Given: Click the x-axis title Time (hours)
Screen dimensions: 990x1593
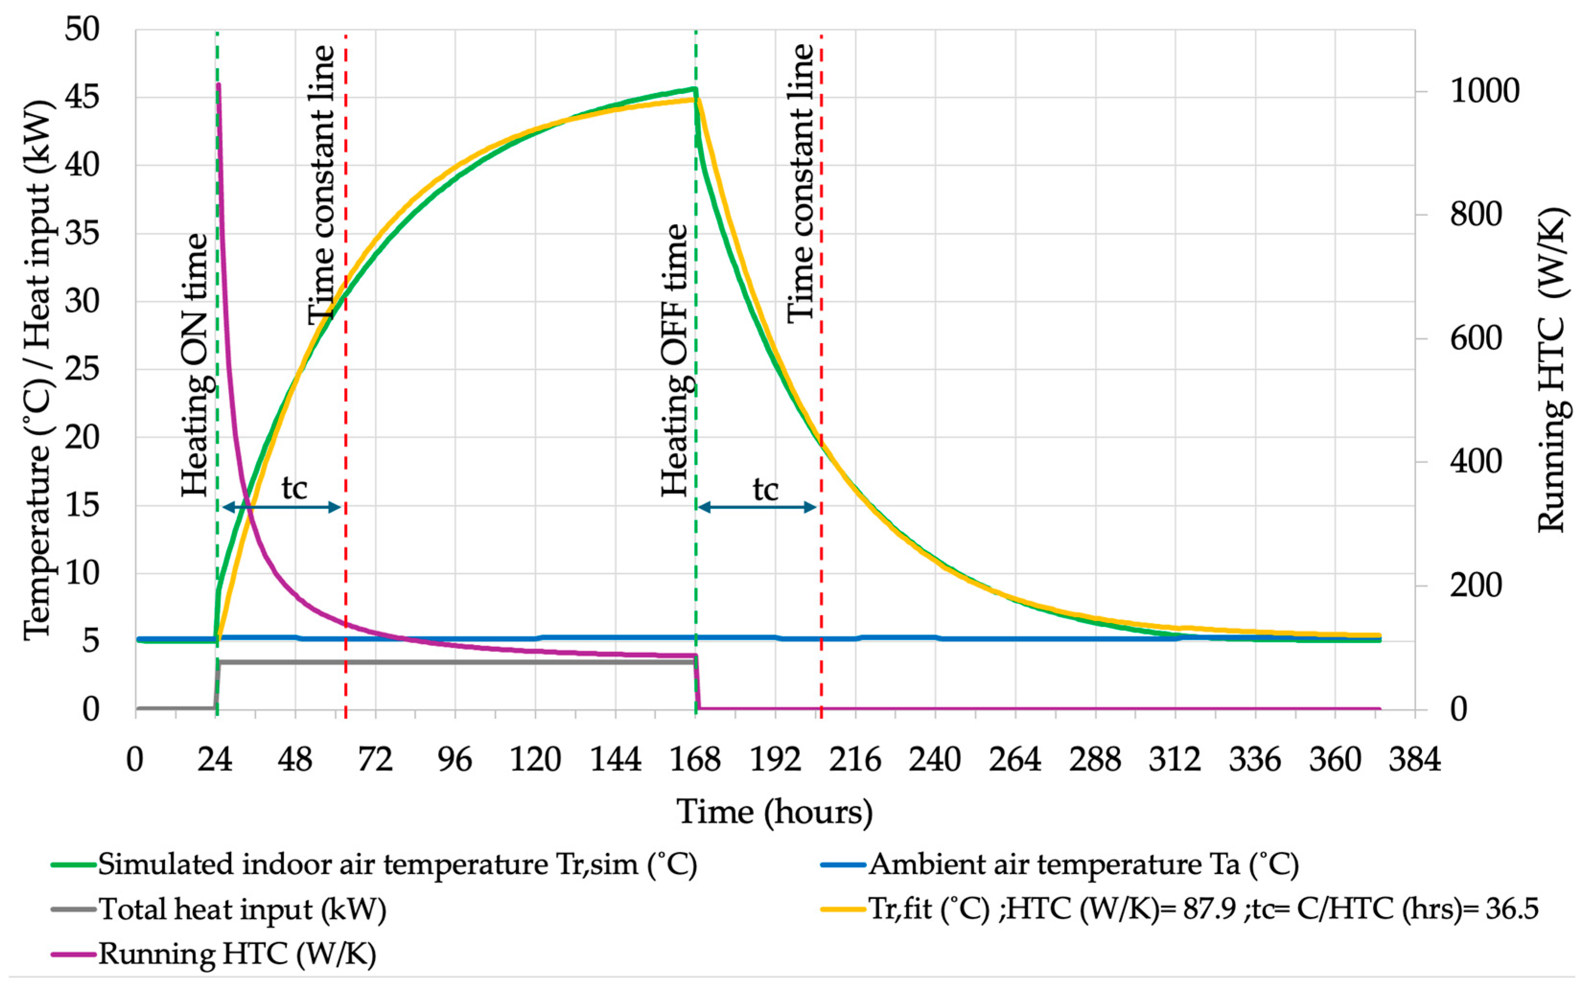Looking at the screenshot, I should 775,813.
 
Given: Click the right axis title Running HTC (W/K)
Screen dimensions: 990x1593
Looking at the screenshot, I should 1552,370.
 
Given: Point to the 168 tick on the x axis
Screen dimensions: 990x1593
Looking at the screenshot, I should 695,760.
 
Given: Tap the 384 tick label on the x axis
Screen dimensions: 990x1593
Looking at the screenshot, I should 1415,760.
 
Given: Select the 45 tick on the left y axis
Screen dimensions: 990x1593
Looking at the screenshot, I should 82,98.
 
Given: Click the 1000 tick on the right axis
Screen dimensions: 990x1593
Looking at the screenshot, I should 1484,91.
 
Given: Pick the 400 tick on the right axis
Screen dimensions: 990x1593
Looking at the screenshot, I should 1475,462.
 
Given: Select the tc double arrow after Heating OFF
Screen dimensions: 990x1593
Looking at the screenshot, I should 757,507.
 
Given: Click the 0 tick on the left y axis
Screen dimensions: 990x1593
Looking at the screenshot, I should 91,709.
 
